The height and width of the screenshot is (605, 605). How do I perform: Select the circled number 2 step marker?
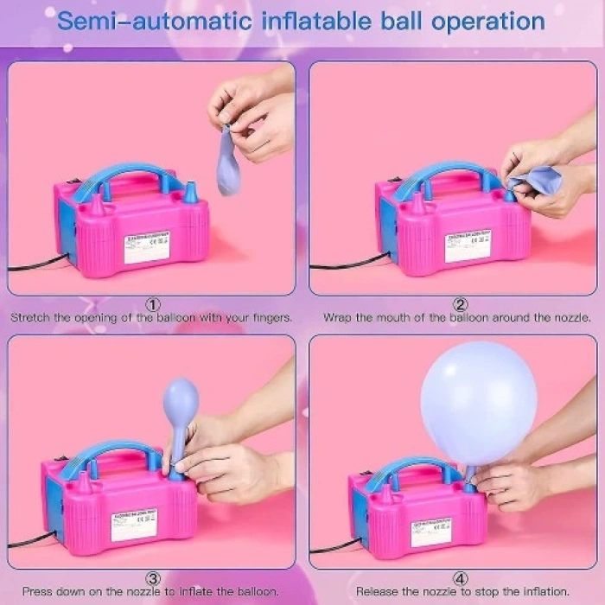(461, 304)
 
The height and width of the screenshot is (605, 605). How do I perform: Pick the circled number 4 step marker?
(461, 578)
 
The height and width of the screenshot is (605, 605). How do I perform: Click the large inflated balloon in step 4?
(478, 402)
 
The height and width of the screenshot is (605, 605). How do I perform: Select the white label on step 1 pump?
(147, 246)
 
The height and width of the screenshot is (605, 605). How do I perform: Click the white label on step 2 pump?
(468, 245)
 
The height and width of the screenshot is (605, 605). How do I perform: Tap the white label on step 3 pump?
(134, 524)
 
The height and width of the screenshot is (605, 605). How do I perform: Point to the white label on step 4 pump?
(430, 532)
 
